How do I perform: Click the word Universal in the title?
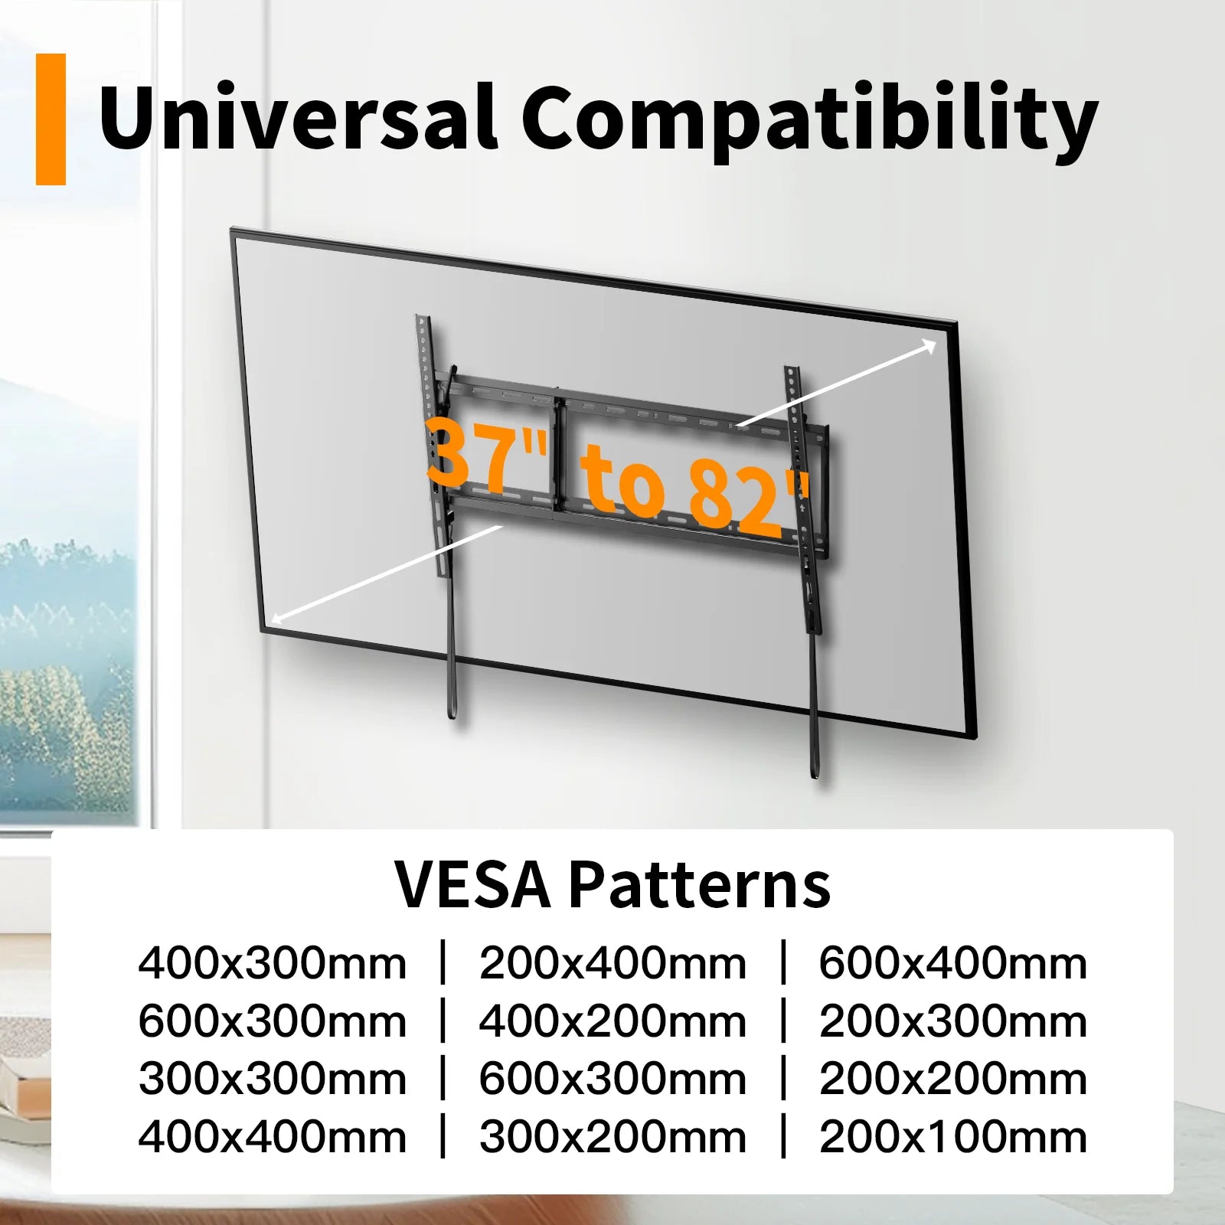299,117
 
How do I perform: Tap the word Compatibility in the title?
810,121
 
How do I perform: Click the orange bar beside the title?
51,119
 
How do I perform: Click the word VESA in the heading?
472,884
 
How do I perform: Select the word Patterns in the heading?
699,884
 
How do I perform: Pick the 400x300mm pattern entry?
272,963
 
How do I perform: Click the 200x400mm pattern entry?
612,963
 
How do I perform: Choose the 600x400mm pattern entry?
953,963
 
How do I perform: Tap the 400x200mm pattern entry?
612,1021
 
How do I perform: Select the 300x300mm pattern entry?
272,1079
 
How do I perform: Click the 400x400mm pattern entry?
272,1137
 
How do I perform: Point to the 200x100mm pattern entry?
953,1137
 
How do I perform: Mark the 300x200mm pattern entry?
612,1137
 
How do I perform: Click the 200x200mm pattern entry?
953,1079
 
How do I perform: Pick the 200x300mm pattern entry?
953,1021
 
